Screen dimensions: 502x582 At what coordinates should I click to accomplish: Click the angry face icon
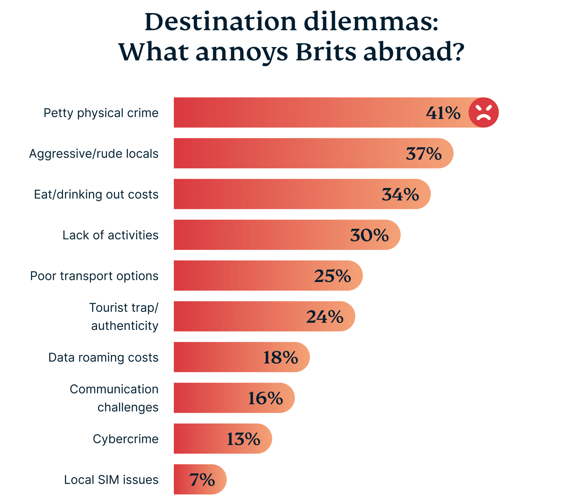[x=483, y=113]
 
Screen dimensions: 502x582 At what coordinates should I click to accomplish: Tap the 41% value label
[x=443, y=113]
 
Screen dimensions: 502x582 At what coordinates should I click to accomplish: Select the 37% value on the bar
[x=423, y=154]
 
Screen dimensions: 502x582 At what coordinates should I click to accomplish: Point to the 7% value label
[x=202, y=480]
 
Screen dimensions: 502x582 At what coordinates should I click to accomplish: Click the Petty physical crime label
[x=101, y=113]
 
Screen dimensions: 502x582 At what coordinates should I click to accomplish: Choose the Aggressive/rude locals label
[x=94, y=154]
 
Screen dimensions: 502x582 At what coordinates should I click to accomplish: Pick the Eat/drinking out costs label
[x=96, y=194]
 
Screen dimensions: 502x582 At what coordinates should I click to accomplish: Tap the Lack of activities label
[x=110, y=235]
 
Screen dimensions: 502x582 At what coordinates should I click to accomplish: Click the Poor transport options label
[x=94, y=276]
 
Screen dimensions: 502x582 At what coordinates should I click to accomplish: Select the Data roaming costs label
[x=103, y=357]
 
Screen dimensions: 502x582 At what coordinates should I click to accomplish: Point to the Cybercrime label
[x=125, y=439]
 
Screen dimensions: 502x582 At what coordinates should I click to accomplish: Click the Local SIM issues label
[x=111, y=480]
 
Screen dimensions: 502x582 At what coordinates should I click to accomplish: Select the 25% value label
[x=332, y=276]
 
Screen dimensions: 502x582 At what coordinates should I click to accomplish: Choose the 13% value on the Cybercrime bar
[x=243, y=439]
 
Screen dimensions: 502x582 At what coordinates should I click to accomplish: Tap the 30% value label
[x=369, y=235]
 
